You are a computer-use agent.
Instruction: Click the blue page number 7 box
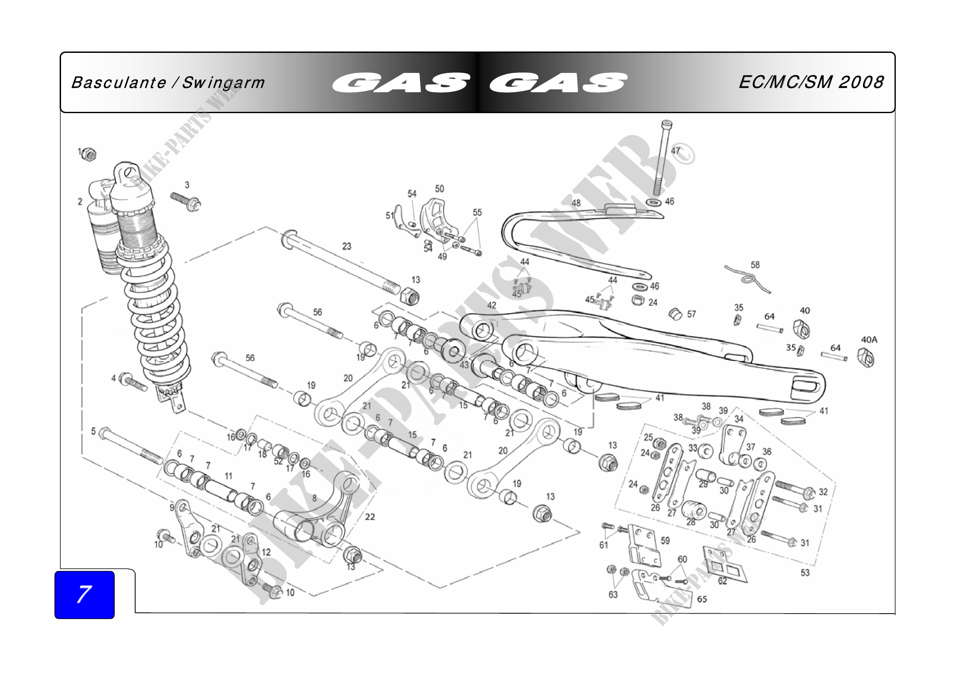[x=84, y=594]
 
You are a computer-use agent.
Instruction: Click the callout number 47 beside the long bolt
[x=675, y=151]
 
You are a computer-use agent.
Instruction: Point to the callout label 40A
[x=869, y=340]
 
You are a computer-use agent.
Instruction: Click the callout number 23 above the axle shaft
[x=347, y=246]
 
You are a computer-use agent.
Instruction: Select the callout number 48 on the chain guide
[x=576, y=203]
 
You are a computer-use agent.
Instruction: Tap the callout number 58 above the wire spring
[x=755, y=265]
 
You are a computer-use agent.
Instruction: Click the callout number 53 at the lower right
[x=805, y=573]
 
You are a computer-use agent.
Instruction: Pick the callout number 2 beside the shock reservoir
[x=80, y=202]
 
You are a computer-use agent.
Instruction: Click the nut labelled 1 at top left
[x=89, y=155]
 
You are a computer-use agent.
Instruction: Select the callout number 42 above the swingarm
[x=492, y=305]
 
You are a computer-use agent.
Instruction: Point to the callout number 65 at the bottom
[x=702, y=599]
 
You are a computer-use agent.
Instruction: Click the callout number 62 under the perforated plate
[x=722, y=581]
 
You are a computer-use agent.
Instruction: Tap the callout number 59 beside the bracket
[x=665, y=541]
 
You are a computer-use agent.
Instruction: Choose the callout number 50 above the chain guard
[x=439, y=189]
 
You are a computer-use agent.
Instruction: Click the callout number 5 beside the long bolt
[x=93, y=431]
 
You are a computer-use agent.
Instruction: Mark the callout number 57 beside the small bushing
[x=691, y=314]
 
